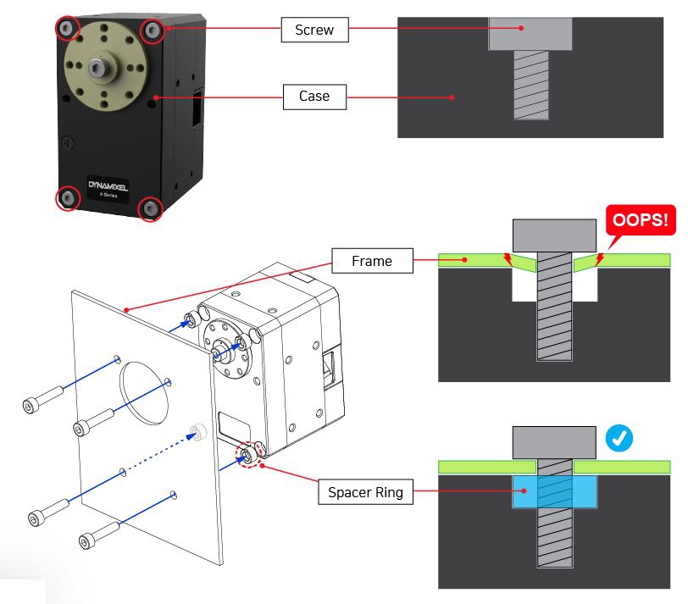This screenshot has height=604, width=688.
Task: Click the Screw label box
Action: tap(314, 30)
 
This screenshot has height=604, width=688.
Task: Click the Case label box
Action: tap(314, 97)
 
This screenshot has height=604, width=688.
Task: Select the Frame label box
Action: tap(371, 261)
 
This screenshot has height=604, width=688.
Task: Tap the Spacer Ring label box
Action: tap(366, 491)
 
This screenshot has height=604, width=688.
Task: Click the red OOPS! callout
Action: tap(640, 222)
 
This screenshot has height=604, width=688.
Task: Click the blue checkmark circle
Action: tap(621, 438)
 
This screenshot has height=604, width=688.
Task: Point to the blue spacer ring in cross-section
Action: tap(555, 490)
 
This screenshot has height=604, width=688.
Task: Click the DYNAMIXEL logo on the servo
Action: tap(108, 183)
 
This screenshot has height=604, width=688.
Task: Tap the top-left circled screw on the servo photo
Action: tap(68, 30)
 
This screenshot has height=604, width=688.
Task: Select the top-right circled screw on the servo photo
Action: tap(153, 31)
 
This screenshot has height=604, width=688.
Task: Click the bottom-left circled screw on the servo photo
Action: tap(67, 199)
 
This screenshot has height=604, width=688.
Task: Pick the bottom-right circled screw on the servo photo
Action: tap(150, 208)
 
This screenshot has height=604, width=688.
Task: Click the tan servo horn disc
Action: tap(105, 65)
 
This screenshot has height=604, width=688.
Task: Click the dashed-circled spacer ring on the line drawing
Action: tap(247, 455)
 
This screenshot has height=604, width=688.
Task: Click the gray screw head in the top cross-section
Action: tap(530, 33)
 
